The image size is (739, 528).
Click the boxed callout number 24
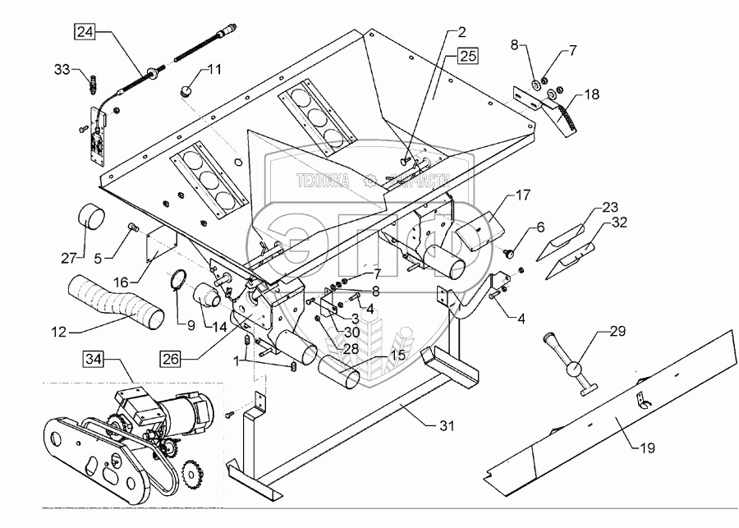coord(85,33)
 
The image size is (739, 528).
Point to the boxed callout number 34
coord(93,358)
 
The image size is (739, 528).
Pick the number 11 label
coord(213,70)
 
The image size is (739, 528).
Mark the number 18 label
coord(592,96)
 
